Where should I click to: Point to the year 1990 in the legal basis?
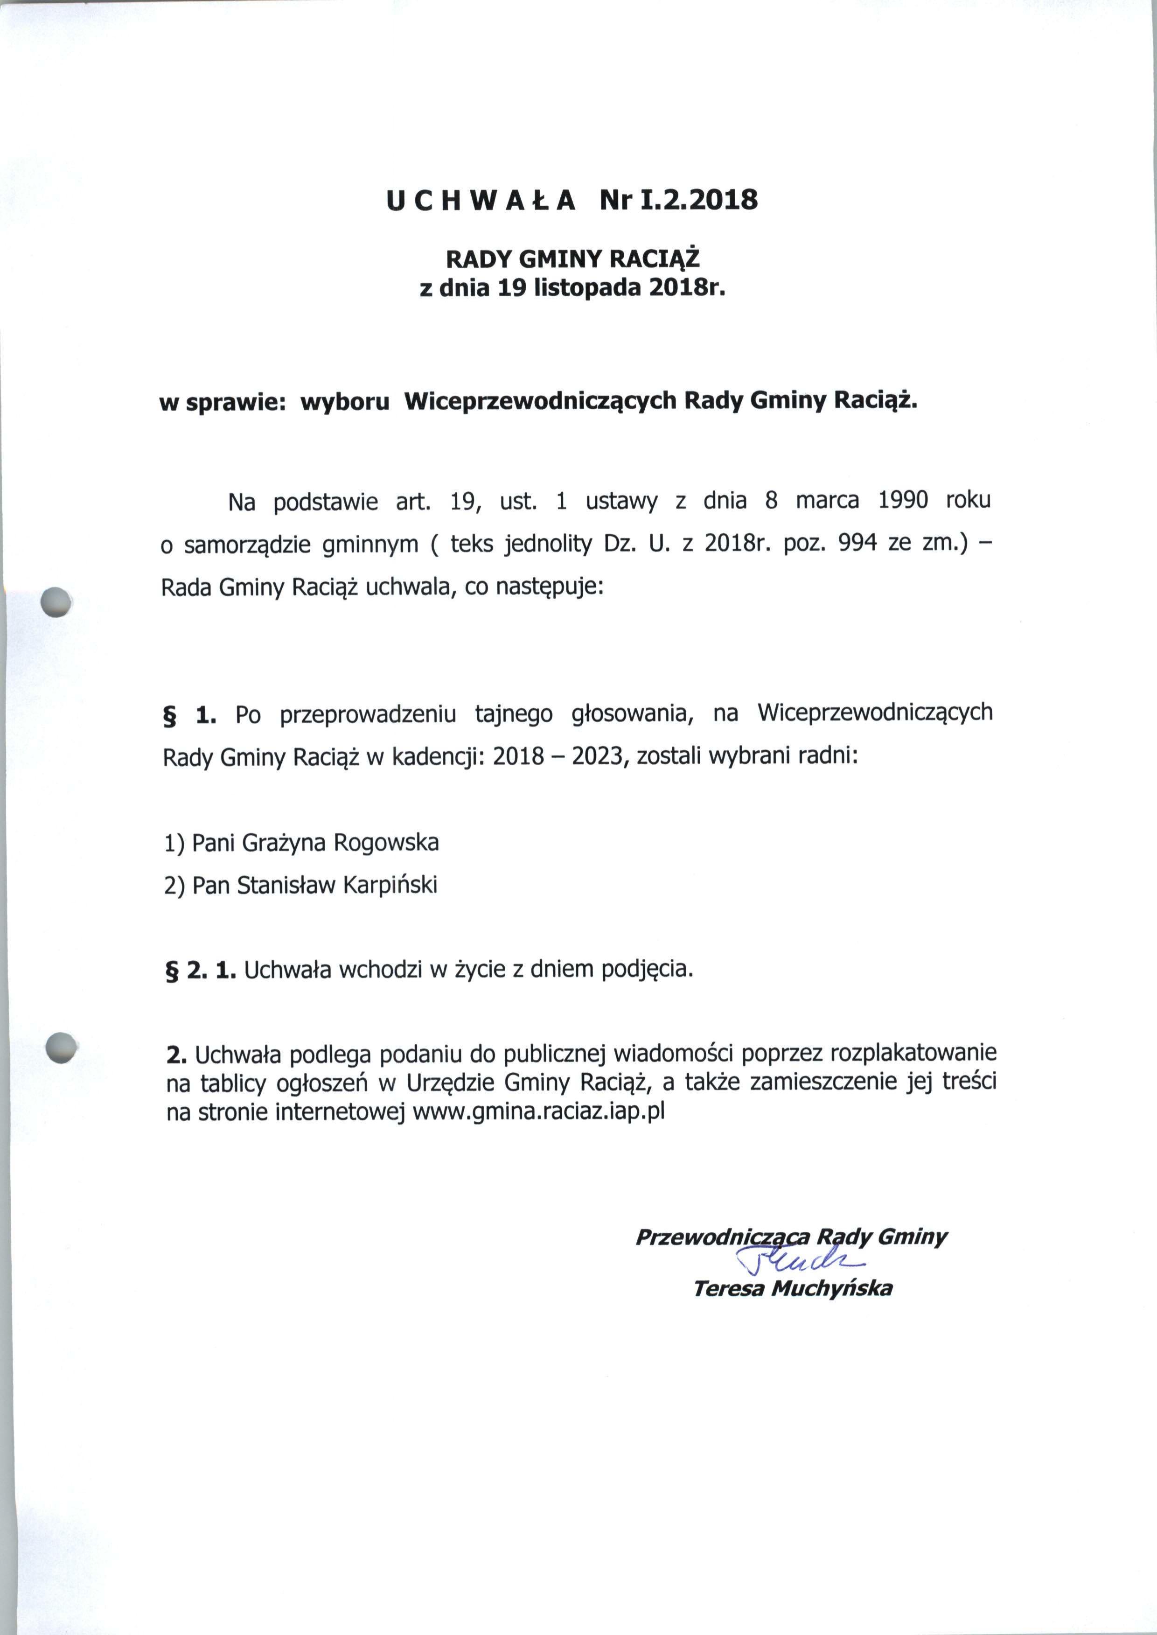903,500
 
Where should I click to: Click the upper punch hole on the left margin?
57,602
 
